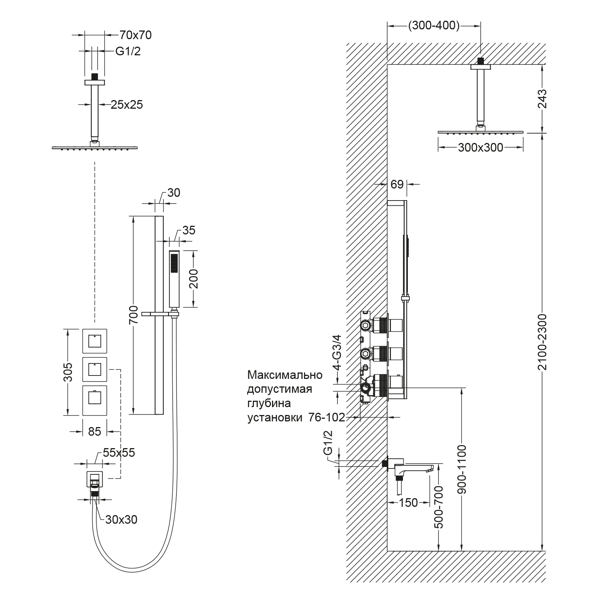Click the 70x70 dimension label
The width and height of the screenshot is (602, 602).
tap(135, 35)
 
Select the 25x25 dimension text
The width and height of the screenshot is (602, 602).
tap(127, 105)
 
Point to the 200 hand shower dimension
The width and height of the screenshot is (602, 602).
tap(194, 279)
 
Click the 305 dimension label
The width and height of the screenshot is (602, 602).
tap(68, 372)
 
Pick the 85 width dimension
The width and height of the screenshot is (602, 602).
tap(94, 431)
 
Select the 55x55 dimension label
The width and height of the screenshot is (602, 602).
tap(119, 453)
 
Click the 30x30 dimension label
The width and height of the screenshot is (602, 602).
tap(122, 520)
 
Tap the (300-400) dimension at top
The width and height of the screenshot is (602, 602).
tap(434, 26)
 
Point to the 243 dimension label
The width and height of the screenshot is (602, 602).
tap(542, 99)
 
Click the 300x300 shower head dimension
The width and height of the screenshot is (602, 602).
tap(480, 147)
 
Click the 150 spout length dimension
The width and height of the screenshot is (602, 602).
tap(408, 502)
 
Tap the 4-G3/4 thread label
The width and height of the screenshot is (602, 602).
tap(337, 352)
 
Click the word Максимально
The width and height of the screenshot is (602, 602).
tap(285, 375)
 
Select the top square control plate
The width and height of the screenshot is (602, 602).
tap(95, 342)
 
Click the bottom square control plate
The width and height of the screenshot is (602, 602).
tap(95, 400)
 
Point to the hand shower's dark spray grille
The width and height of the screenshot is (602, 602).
tap(175, 263)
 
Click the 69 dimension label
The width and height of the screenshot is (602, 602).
tap(397, 184)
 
